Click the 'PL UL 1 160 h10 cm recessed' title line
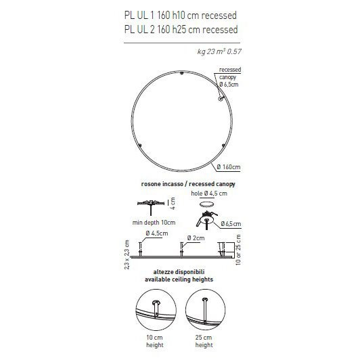181,15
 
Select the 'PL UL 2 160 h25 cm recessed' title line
181,29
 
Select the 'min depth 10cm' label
154,223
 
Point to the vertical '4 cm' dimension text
173,204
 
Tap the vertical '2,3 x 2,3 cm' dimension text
127,254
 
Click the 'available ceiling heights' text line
180,279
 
